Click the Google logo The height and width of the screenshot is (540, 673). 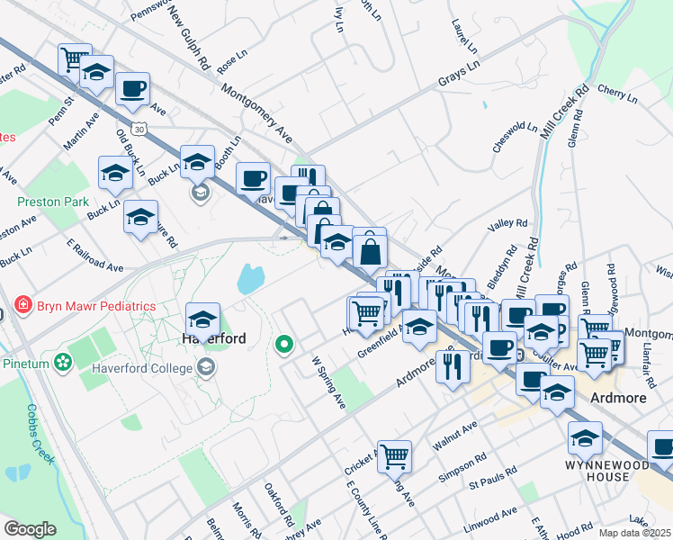click(x=30, y=529)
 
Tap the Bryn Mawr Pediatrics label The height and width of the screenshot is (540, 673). click(x=95, y=306)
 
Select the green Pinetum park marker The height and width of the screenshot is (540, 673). click(x=63, y=362)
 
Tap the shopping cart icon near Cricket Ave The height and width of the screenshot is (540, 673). click(x=394, y=455)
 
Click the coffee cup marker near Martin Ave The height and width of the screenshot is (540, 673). click(x=132, y=89)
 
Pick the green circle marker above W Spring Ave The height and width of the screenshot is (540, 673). click(x=284, y=344)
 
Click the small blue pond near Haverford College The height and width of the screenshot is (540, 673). click(x=248, y=279)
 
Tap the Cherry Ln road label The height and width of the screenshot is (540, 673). click(x=616, y=92)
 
